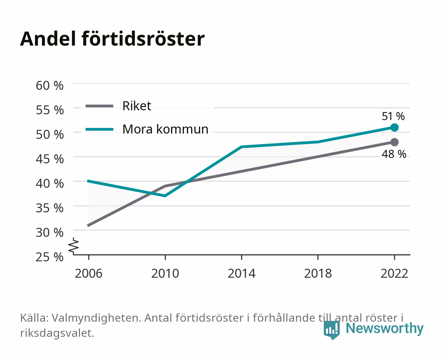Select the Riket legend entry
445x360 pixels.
pos(118,106)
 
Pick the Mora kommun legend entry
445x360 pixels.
pos(147,129)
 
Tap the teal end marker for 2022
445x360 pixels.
pos(394,127)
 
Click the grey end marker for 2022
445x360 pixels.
pos(394,142)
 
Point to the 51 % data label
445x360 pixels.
pos(393,116)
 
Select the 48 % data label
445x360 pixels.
pos(394,154)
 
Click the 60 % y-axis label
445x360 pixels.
pos(50,86)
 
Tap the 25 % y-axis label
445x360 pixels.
pos(50,257)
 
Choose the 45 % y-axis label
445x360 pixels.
pos(50,159)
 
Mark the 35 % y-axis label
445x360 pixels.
pos(50,208)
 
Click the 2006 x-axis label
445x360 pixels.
pos(89,273)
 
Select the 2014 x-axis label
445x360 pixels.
pos(241,273)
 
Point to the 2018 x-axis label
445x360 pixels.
pos(318,273)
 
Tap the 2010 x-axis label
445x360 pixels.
pos(165,273)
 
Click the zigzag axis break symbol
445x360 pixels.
pos(74,246)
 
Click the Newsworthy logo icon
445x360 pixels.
pos(331,330)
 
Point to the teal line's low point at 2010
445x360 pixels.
pos(165,196)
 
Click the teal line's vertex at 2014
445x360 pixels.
pos(241,147)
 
